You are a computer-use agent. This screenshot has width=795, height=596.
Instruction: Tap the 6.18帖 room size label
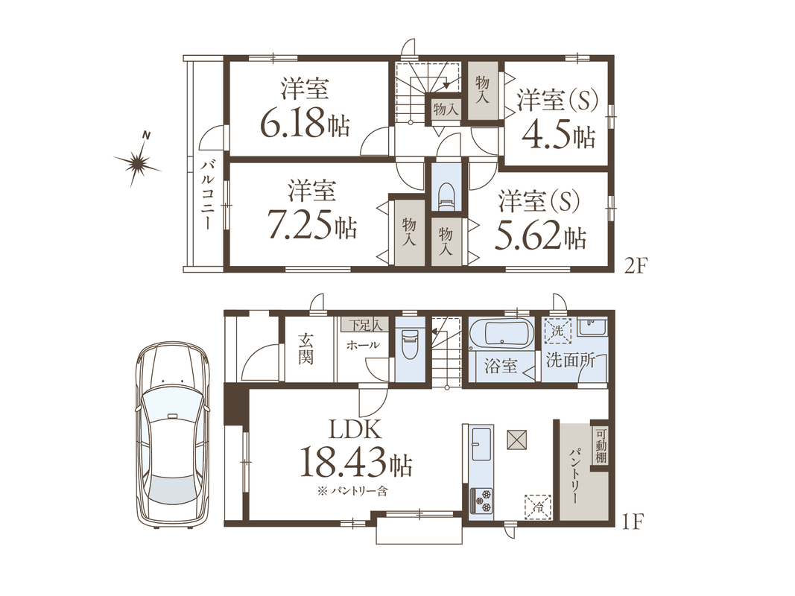pyautogui.click(x=305, y=123)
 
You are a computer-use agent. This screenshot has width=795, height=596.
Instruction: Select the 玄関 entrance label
pyautogui.click(x=305, y=348)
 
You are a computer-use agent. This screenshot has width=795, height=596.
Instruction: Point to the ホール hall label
pyautogui.click(x=363, y=346)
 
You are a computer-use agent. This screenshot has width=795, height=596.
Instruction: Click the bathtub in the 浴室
pyautogui.click(x=501, y=334)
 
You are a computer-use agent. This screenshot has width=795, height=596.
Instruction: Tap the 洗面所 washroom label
pyautogui.click(x=571, y=361)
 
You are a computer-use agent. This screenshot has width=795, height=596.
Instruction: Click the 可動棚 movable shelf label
pyautogui.click(x=601, y=446)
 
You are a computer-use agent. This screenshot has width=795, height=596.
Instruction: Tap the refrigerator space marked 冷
pyautogui.click(x=538, y=507)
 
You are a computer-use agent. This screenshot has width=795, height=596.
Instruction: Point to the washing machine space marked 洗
pyautogui.click(x=557, y=332)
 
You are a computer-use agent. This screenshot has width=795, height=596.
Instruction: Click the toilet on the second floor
pyautogui.click(x=446, y=196)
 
